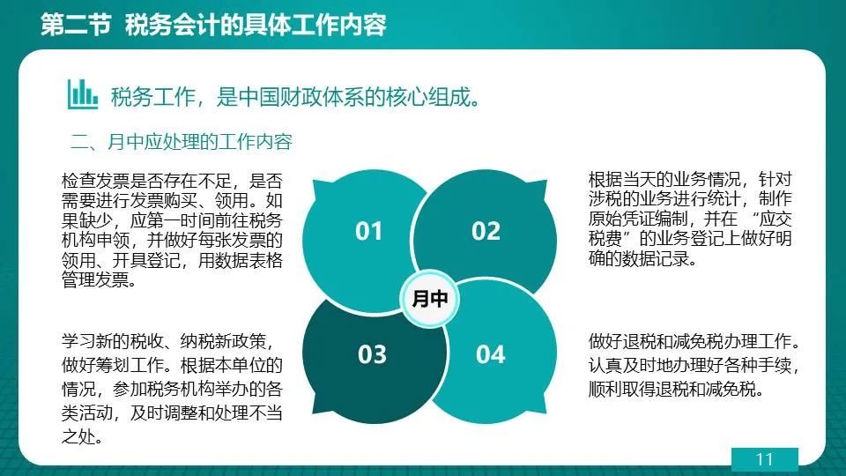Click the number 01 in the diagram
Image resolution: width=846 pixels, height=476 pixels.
(x=368, y=232)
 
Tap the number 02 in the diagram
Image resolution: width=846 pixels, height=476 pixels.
(x=486, y=232)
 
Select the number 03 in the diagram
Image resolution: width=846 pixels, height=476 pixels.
(x=372, y=354)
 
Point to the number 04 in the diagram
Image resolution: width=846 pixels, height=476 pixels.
(x=491, y=354)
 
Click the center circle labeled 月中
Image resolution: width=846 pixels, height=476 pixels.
(x=429, y=299)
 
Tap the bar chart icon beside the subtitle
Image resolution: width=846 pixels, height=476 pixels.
(x=83, y=94)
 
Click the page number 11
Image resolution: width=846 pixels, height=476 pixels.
(x=765, y=459)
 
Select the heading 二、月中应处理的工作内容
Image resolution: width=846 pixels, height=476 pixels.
(x=182, y=142)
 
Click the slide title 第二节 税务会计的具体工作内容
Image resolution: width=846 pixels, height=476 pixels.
(x=213, y=25)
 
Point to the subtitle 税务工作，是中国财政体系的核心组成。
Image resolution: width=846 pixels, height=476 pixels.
(x=295, y=97)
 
